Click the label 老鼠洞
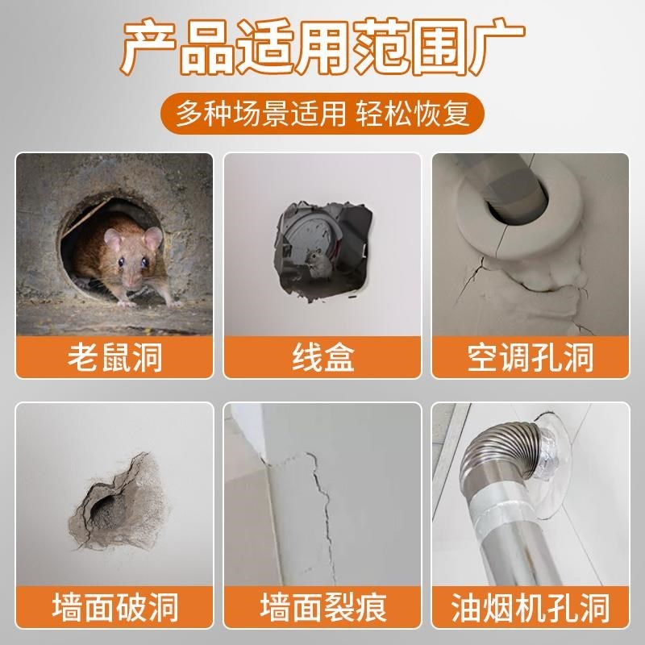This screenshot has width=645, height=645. [x=114, y=355]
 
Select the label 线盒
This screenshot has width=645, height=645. [x=322, y=355]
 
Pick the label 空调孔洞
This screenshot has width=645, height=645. [x=531, y=355]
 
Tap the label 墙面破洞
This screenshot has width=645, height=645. [x=114, y=606]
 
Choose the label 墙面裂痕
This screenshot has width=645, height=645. [x=322, y=606]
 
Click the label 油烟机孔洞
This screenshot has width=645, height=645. [x=531, y=606]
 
